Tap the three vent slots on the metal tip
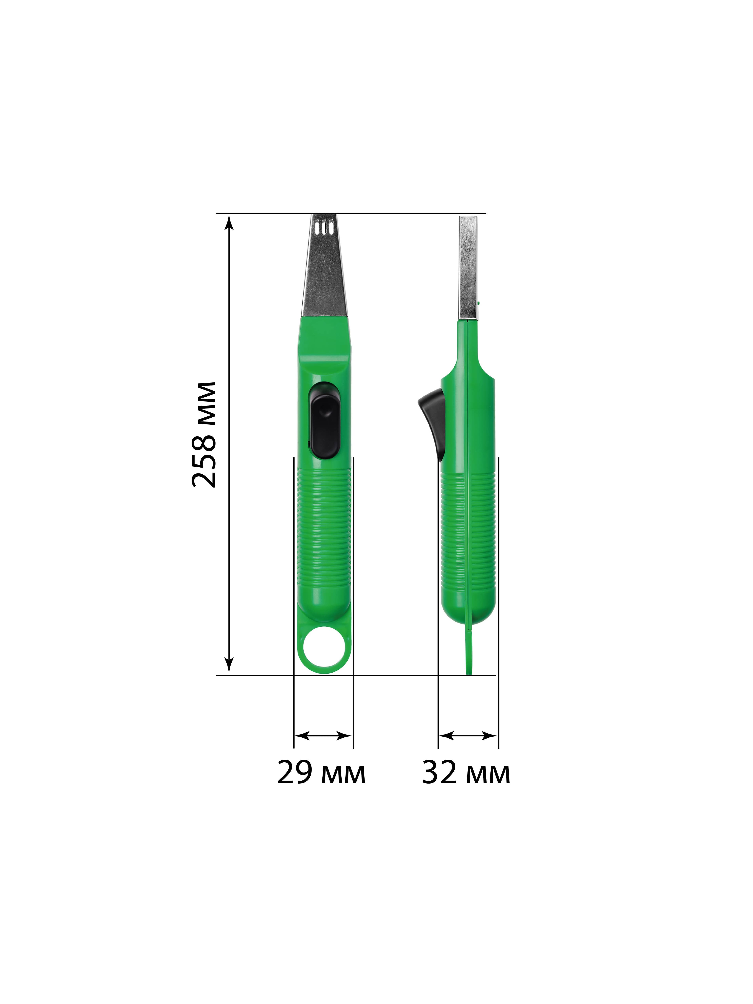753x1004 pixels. [x=324, y=227]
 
